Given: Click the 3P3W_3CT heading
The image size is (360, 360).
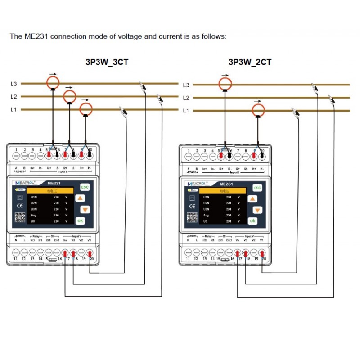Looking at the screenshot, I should point(107,62).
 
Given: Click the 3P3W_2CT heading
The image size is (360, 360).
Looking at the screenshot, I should point(250,62).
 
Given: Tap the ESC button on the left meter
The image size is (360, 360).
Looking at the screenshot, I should point(84,187).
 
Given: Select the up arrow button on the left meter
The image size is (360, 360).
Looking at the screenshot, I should point(80,198).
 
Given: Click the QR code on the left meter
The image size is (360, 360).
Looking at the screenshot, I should point(19,217).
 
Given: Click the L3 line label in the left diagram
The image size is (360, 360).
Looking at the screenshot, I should point(13,84).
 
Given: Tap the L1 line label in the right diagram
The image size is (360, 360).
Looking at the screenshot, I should point(186,110).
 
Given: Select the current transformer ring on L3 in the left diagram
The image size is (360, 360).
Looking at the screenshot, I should point(53,82).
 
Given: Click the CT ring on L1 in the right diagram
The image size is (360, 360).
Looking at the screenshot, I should point(258,110).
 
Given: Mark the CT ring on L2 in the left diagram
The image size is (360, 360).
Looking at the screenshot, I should point(69,96).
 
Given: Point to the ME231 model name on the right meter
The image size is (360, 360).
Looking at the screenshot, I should point(225,184).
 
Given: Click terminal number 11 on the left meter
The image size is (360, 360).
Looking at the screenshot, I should point(15,259).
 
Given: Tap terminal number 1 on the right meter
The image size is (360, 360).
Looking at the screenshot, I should point(189,151).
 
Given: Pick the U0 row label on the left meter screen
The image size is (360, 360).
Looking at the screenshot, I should point(33,221).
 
